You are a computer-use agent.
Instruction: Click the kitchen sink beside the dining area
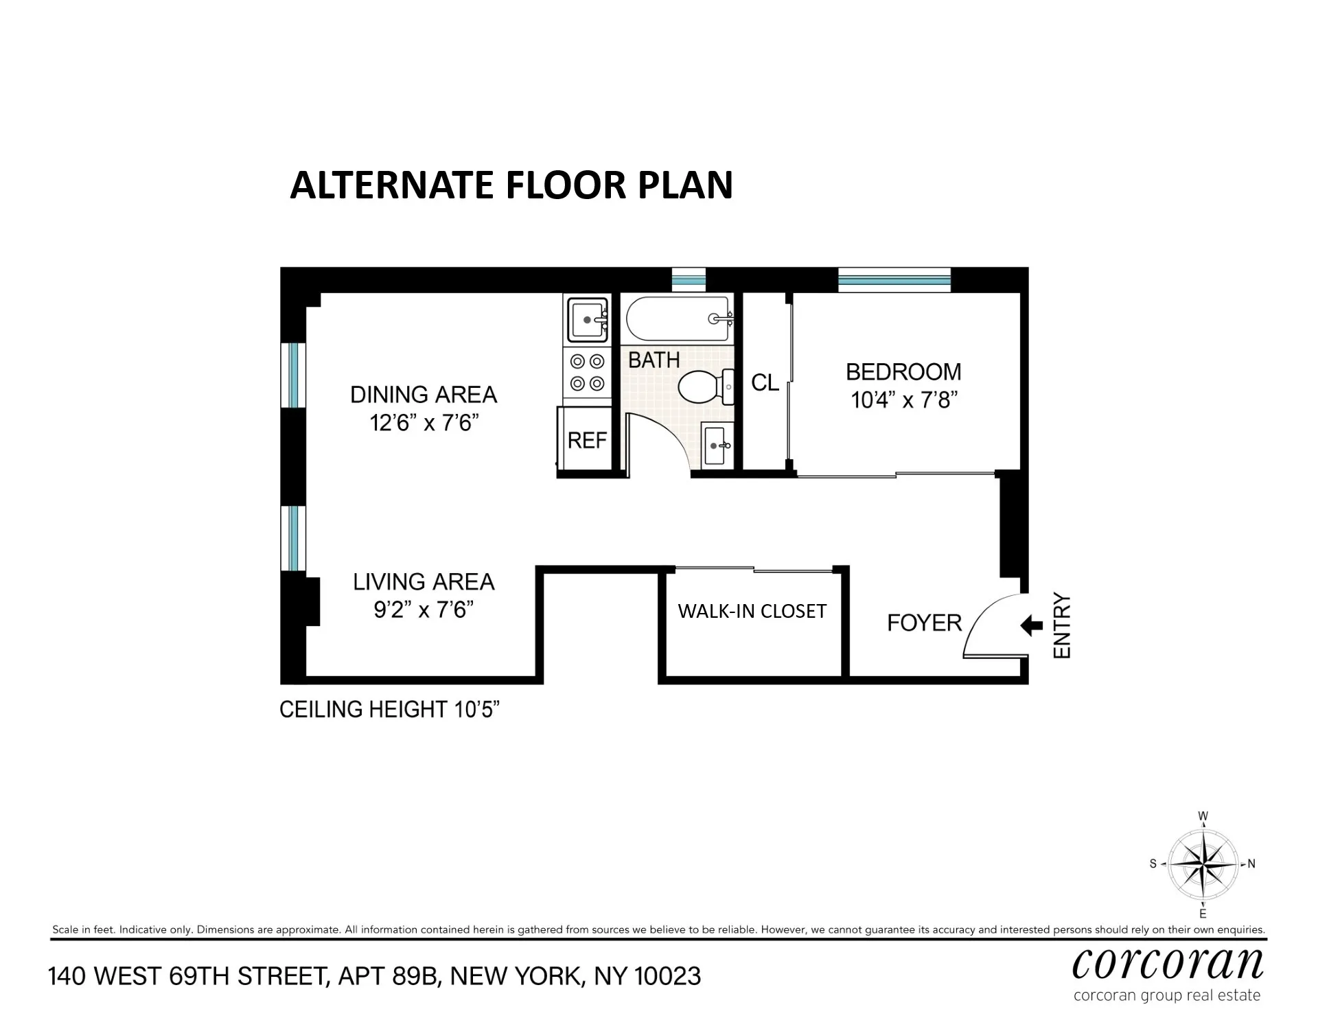pos(586,319)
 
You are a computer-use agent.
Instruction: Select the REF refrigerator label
pos(588,440)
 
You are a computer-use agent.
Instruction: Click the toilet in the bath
pos(704,388)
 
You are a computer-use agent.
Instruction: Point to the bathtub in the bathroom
pos(678,319)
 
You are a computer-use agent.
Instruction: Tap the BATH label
pos(654,360)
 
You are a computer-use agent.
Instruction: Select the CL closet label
pos(765,383)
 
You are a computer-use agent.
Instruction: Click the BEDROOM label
pos(903,372)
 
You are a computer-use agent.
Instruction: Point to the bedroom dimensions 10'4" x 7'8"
pos(904,400)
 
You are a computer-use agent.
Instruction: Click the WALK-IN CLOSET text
pos(752,611)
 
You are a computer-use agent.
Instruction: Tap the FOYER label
pos(924,623)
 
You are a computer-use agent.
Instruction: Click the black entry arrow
pos(1031,625)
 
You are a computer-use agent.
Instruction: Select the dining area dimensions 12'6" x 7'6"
pos(424,423)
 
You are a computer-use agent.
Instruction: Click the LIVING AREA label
pos(424,582)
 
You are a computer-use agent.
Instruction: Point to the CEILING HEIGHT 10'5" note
pos(389,710)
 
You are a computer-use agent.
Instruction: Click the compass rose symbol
pos(1203,864)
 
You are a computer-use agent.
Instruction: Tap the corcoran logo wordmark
pos(1168,964)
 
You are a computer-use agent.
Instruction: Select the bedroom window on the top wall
pos(894,280)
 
